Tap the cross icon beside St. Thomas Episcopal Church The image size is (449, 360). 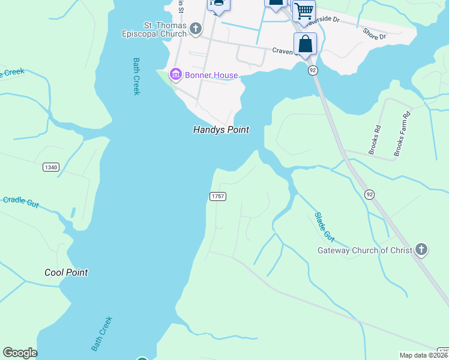click(195, 28)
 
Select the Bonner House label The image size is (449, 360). click(211, 75)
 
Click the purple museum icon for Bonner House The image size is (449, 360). click(176, 75)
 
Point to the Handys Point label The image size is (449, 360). click(221, 130)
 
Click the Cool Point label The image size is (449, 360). click(66, 272)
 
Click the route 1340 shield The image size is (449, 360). click(51, 167)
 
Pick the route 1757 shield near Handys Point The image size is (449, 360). click(217, 197)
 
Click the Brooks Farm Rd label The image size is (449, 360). click(402, 134)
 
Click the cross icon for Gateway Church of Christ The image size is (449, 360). click(421, 249)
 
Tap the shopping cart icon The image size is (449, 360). click(304, 10)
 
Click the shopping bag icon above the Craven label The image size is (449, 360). click(305, 44)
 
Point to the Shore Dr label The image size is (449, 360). click(374, 33)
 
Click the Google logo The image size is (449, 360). click(20, 353)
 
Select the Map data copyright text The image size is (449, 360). click(423, 355)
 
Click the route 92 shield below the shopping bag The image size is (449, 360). click(313, 70)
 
